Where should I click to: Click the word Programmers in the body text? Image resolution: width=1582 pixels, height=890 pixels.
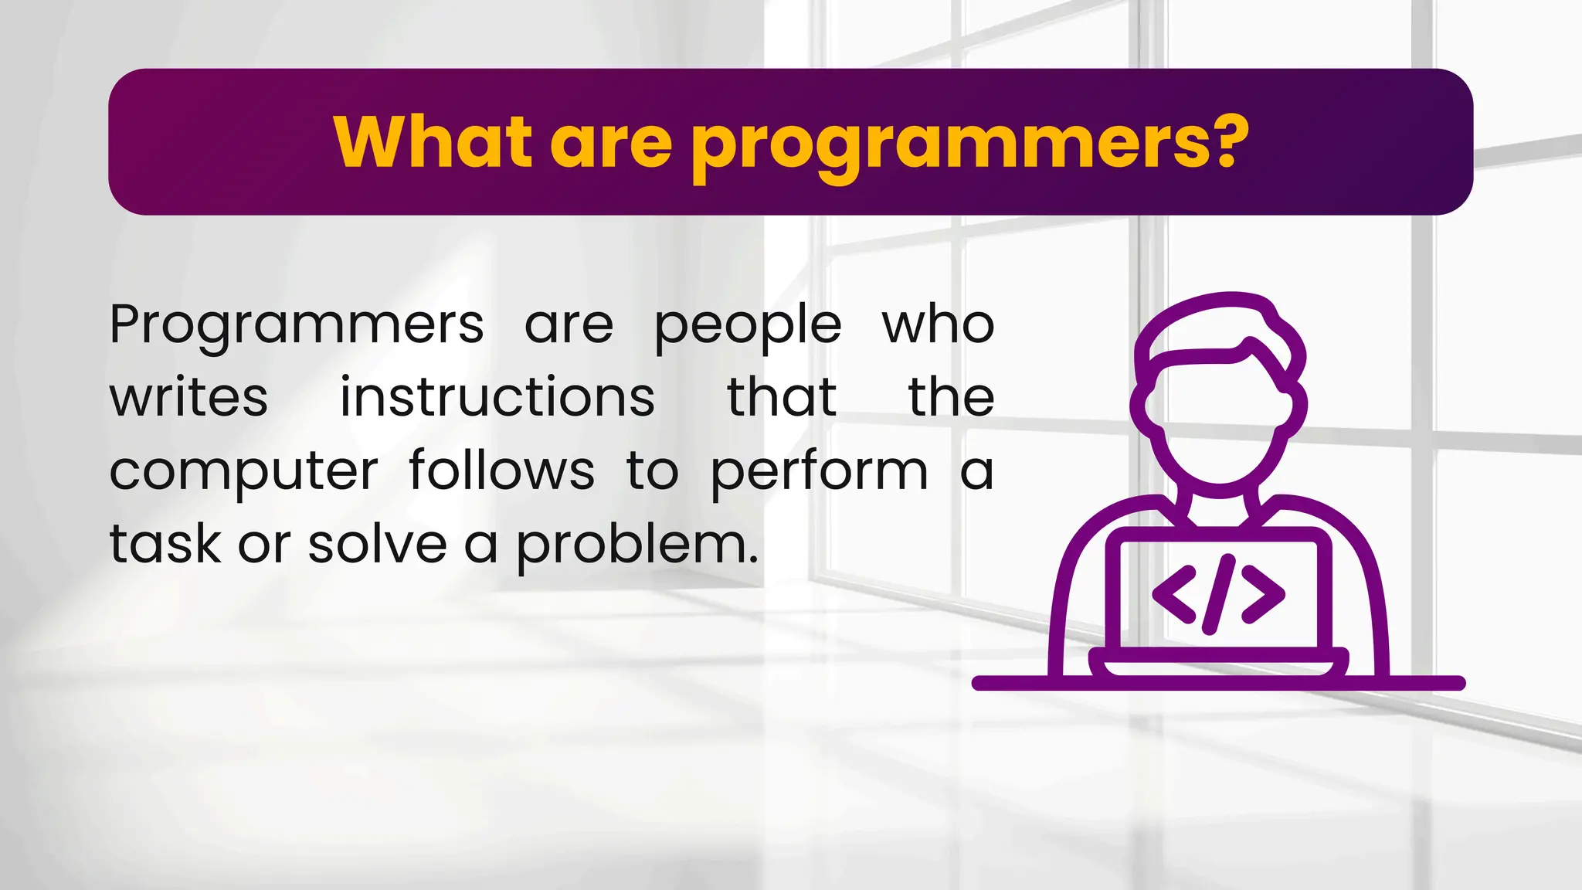pos(297,325)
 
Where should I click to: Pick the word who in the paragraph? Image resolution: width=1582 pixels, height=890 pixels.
pos(938,324)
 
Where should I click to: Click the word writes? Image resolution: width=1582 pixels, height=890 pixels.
pos(188,397)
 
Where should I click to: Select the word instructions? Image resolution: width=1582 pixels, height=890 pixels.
pos(497,397)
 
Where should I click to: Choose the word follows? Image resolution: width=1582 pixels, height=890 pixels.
pos(501,469)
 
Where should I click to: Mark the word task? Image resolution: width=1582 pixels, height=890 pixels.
pos(165,543)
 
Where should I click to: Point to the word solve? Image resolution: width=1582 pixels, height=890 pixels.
pos(377,543)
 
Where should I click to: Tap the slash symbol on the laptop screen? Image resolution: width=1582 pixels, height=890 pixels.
pos(1220,594)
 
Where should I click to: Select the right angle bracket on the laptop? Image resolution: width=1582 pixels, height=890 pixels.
pos(1264,594)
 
